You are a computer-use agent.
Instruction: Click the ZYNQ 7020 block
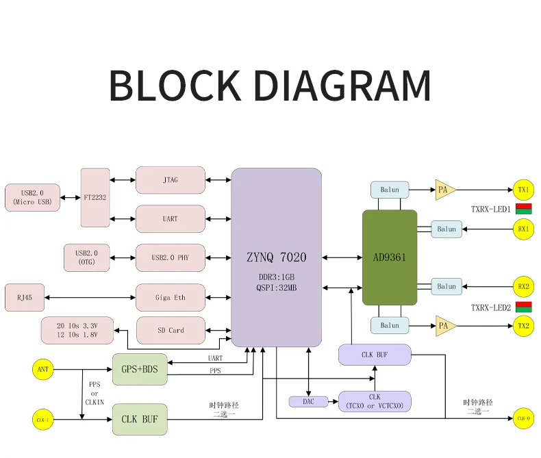coord(276,257)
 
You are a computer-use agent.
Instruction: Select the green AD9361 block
coord(389,257)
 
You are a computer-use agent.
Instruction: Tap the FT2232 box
coord(95,197)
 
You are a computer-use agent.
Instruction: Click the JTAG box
coord(171,180)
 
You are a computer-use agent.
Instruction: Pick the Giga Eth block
coord(171,298)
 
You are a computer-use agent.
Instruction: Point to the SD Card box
coord(171,331)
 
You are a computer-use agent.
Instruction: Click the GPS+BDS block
coord(140,370)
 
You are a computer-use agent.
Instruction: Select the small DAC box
coord(308,402)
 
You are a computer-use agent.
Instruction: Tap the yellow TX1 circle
coord(523,190)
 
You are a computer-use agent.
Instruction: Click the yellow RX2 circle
coord(523,286)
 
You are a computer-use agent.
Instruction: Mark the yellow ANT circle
coord(42,370)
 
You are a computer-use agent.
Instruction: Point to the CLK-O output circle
coord(523,418)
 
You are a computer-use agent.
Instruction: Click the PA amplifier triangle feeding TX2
coord(444,326)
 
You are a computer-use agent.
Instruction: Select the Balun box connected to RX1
coord(446,229)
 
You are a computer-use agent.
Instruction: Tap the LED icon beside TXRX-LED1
coord(524,209)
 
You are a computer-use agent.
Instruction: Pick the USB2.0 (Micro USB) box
coord(33,197)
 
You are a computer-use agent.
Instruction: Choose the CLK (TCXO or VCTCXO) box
coord(375,402)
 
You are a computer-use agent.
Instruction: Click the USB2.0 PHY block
coord(171,258)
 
